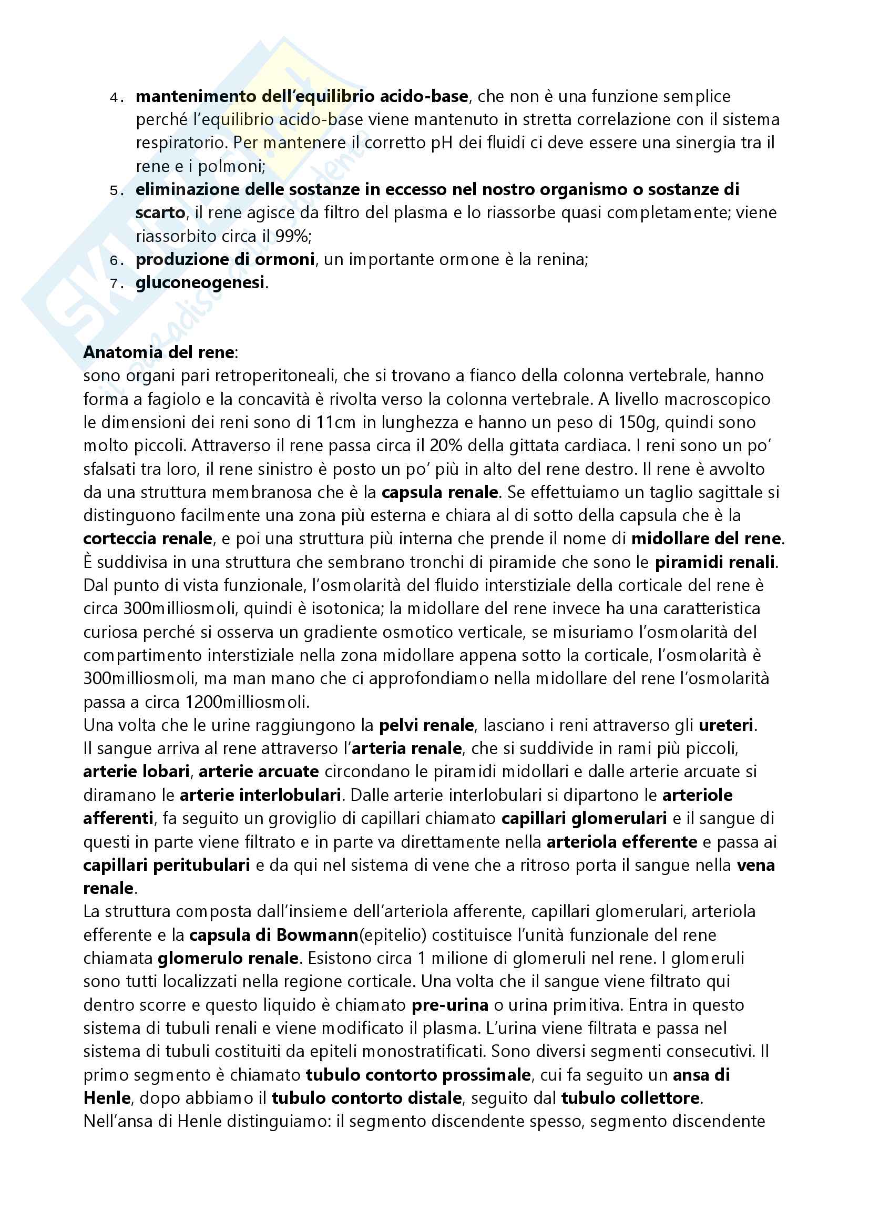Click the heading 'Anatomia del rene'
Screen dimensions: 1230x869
159,352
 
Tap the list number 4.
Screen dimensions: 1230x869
114,97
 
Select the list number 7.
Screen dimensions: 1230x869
114,283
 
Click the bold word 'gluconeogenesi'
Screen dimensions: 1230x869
200,282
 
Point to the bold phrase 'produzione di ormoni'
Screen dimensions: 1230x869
225,259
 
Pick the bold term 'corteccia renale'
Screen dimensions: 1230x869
148,538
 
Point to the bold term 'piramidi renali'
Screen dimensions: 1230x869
715,562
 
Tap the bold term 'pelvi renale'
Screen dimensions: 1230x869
426,725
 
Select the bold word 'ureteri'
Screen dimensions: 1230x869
726,725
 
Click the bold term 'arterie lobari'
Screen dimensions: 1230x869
137,771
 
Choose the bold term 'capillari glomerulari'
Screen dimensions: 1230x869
584,818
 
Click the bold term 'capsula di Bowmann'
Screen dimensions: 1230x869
273,935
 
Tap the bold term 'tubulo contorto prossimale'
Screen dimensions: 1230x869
418,1075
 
